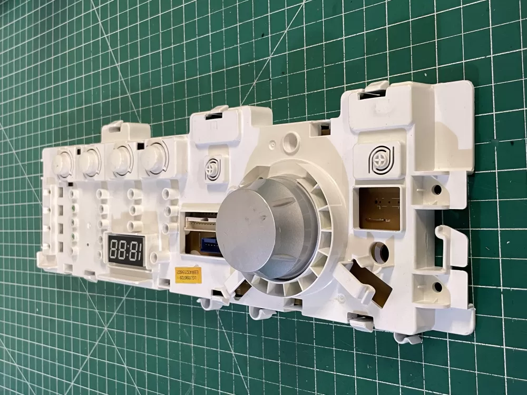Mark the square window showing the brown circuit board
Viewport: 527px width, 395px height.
pos(379,208)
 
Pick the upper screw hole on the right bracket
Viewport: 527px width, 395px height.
pos(437,189)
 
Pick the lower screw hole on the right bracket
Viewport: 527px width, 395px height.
pos(437,288)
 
